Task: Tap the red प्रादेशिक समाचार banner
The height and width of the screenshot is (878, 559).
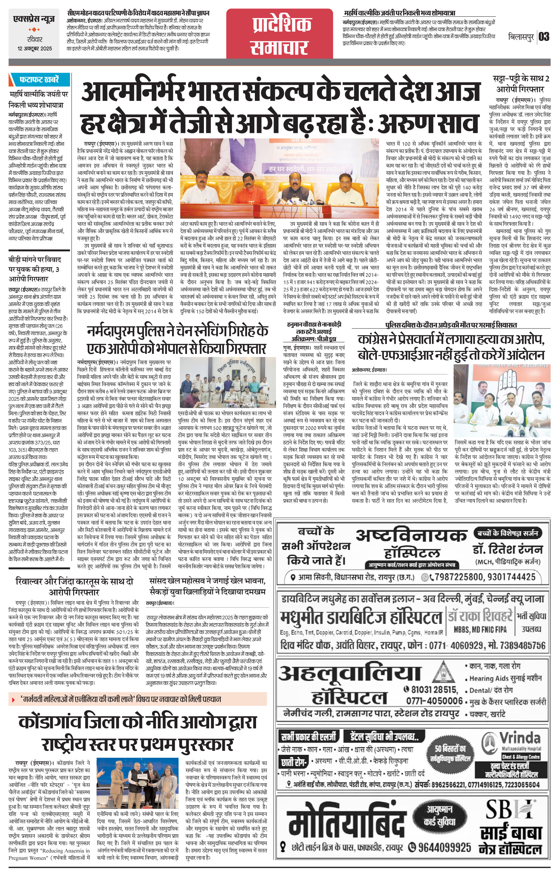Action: pyautogui.click(x=280, y=37)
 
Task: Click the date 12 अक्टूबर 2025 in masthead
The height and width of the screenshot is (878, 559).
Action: pyautogui.click(x=35, y=48)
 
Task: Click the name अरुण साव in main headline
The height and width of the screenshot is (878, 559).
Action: pyautogui.click(x=428, y=123)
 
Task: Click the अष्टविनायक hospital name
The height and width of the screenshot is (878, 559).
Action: pyautogui.click(x=411, y=535)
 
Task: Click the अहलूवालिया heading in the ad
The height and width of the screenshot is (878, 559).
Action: pyautogui.click(x=350, y=674)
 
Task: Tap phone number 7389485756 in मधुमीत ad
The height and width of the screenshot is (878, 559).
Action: pyautogui.click(x=520, y=646)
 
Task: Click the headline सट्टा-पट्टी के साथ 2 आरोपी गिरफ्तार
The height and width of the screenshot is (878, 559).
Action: pyautogui.click(x=520, y=84)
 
